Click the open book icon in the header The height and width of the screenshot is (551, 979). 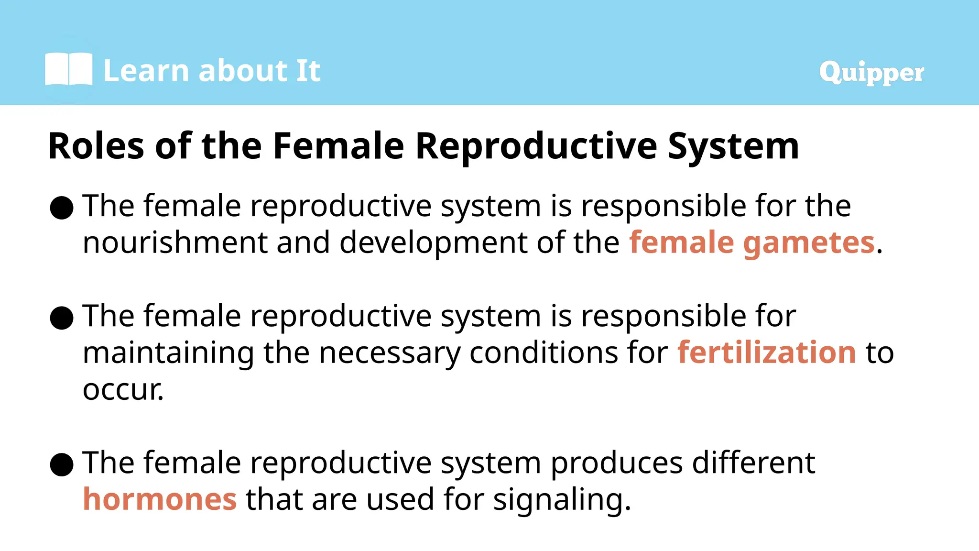point(68,70)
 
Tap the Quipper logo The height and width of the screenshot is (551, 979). point(871,73)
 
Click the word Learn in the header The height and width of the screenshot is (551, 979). point(146,71)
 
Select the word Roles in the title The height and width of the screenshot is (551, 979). point(96,146)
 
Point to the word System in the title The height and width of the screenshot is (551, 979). point(733,146)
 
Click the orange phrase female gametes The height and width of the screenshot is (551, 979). point(751,242)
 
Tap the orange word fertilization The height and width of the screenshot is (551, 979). point(766,353)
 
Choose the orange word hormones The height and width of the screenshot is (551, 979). point(160,499)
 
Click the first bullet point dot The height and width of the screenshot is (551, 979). point(62,208)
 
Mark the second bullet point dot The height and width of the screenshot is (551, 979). point(62,318)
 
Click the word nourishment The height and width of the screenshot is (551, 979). point(174,242)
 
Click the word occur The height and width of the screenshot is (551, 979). point(122,390)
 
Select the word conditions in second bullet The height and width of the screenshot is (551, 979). point(543,353)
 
